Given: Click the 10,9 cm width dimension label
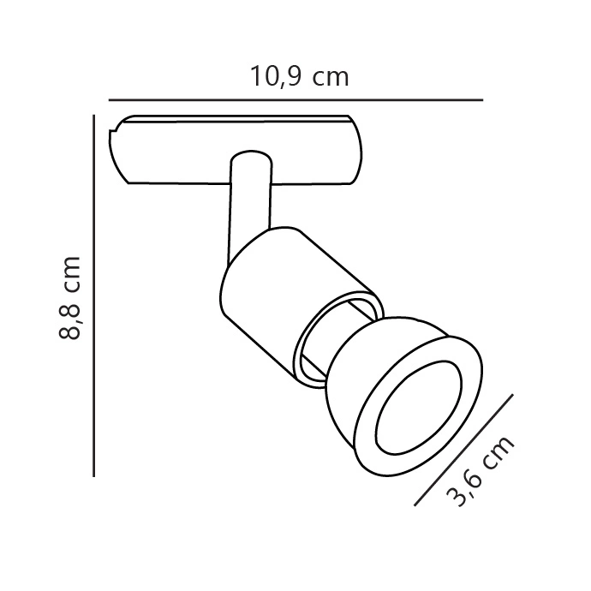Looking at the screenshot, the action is pos(299,76).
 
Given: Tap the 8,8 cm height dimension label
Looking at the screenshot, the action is pos(70,298).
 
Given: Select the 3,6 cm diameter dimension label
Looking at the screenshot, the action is pos(480,470).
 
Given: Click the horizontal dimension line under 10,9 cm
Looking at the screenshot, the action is pos(295,100).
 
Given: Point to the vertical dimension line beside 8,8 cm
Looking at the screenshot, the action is pos(94,295).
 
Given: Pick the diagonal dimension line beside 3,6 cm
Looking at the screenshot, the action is pos(463,450).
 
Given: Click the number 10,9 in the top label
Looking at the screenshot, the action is pos(276,76).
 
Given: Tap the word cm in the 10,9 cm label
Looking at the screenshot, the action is pos(331,79).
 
